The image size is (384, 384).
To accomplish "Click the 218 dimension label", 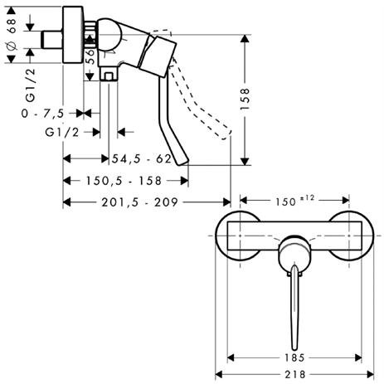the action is (x=294, y=375).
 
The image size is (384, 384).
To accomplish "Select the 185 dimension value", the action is (x=294, y=358).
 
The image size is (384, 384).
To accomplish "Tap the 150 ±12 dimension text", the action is (x=294, y=201).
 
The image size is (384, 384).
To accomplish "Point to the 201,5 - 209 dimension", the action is (x=140, y=202).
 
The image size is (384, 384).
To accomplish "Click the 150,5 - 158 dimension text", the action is (x=124, y=181).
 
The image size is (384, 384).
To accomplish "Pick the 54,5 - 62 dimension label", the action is (x=142, y=159).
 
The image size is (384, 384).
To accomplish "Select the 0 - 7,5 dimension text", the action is (x=43, y=114).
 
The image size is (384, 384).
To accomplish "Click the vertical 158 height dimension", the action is (x=245, y=100).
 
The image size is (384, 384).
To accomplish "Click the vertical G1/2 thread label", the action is (x=31, y=85).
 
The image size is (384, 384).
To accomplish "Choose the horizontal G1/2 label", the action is (x=62, y=133).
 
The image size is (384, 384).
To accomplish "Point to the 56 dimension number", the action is (x=90, y=56).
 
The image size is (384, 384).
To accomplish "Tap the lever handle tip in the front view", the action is (x=294, y=349).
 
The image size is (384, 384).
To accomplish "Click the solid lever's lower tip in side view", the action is (x=182, y=163).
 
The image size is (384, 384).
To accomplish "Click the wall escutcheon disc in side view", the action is (x=73, y=35).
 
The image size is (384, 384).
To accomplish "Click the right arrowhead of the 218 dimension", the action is (x=370, y=375).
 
